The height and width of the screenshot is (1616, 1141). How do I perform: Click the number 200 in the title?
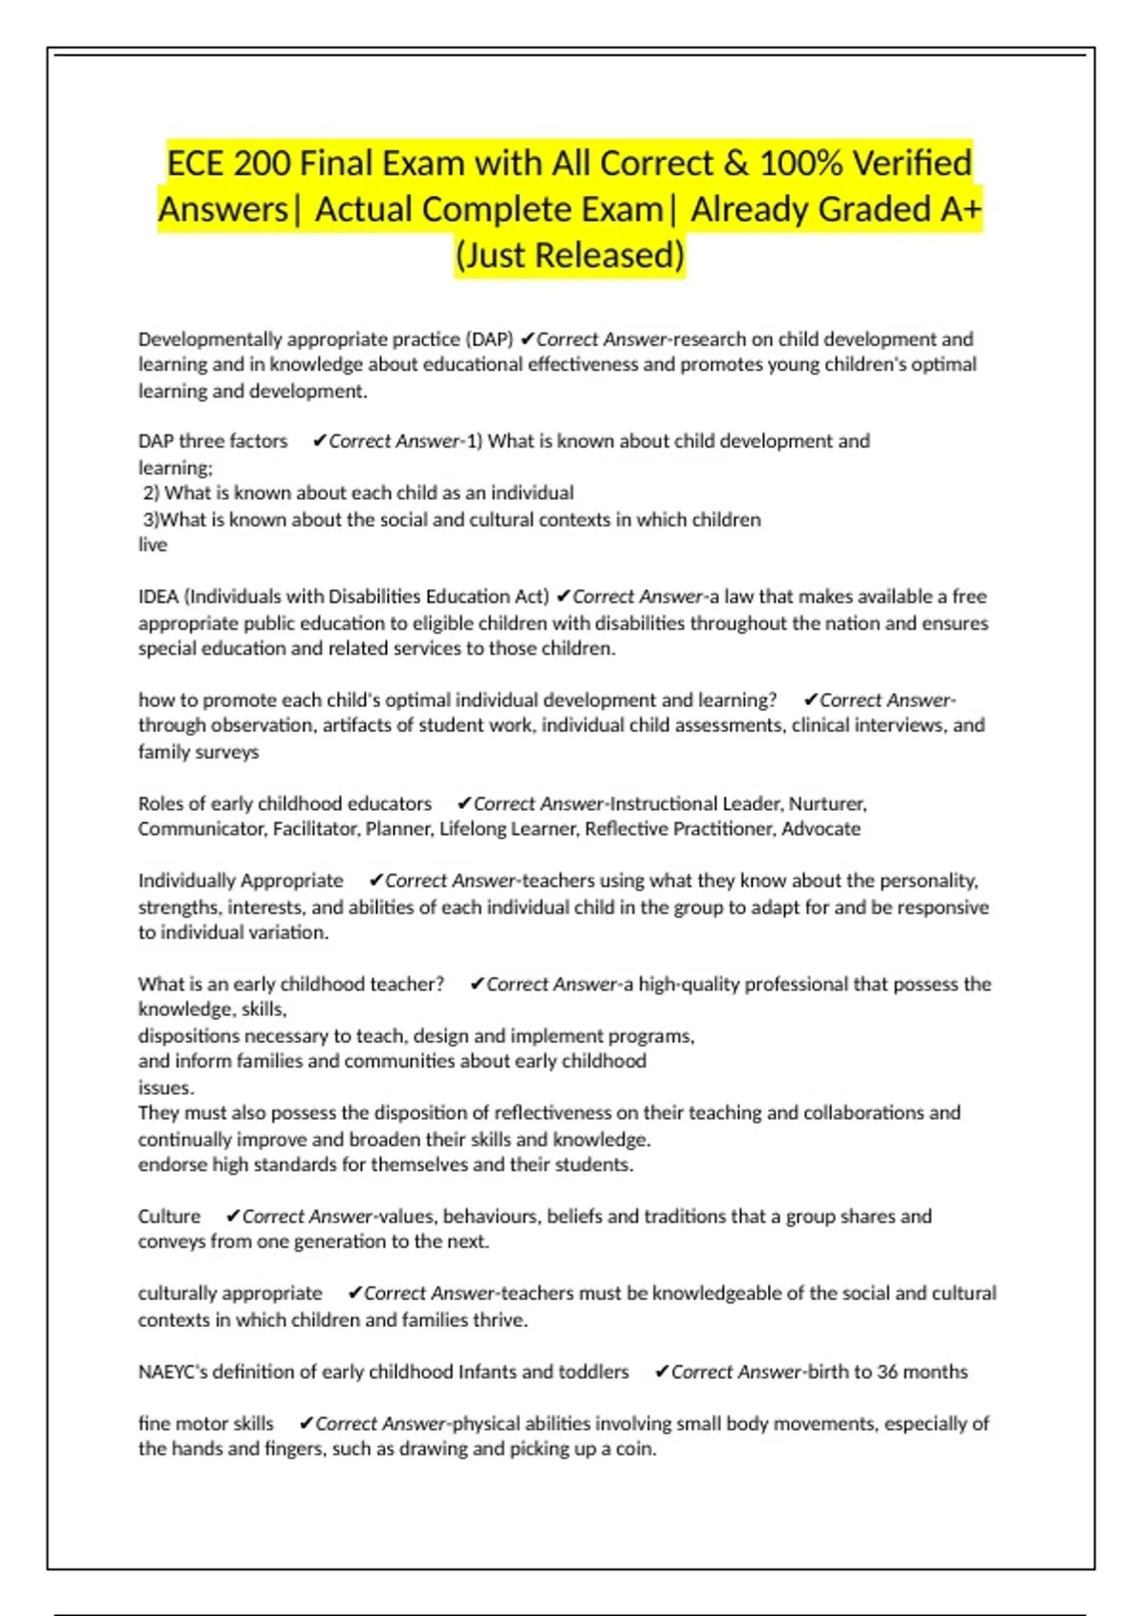click(261, 164)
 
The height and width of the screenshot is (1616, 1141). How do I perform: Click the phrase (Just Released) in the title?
click(570, 256)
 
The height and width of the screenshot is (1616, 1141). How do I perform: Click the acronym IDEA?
click(159, 597)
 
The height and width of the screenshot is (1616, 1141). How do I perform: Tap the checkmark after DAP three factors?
click(319, 441)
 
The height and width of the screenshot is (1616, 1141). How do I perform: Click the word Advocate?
click(821, 829)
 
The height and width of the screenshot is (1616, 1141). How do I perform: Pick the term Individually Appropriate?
click(241, 881)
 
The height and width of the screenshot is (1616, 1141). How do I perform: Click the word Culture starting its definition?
click(169, 1217)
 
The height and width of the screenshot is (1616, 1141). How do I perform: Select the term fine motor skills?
click(205, 1424)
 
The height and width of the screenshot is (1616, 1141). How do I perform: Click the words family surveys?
click(198, 752)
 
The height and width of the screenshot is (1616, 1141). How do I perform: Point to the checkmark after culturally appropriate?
click(355, 1294)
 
